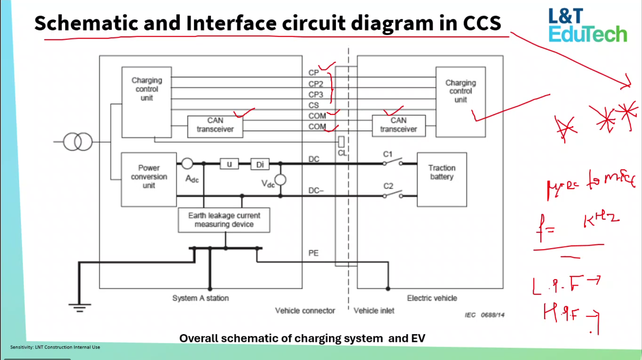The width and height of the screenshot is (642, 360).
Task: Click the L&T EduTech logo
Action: tap(588, 25)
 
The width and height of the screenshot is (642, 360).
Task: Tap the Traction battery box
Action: tap(442, 179)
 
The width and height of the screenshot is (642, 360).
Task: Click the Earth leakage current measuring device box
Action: tap(224, 220)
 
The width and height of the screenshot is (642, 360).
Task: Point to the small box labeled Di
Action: tap(260, 164)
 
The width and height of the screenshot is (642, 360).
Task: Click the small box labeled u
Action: tap(229, 164)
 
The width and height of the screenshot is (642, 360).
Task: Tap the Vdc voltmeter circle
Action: tap(280, 180)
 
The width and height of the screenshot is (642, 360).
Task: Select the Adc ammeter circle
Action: tap(187, 163)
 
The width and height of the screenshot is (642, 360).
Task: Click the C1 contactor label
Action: tap(388, 154)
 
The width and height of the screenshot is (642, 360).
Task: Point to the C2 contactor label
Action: tap(388, 186)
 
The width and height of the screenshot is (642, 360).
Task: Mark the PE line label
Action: tap(313, 253)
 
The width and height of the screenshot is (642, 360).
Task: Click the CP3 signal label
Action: tap(316, 95)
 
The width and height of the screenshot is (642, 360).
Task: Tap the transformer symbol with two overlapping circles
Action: tap(78, 142)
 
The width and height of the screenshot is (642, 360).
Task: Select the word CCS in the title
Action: tap(482, 23)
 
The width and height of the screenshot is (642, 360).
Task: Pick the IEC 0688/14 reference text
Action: tap(484, 315)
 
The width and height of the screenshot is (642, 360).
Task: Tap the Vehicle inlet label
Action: tap(374, 311)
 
